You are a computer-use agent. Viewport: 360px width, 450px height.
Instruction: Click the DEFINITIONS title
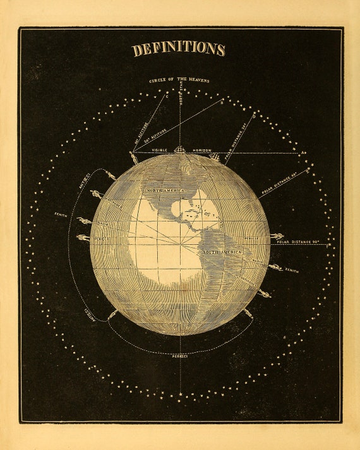click(179, 49)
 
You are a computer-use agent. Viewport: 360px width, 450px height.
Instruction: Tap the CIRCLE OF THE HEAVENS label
click(179, 81)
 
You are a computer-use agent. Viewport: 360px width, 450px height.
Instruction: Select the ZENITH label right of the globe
click(291, 269)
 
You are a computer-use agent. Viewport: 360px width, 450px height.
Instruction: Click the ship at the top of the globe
click(179, 150)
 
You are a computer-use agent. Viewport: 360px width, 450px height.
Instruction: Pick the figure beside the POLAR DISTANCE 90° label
click(275, 237)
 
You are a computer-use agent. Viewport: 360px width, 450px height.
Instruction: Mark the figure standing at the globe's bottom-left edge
click(112, 314)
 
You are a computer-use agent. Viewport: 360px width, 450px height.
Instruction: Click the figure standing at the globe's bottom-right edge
click(248, 312)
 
